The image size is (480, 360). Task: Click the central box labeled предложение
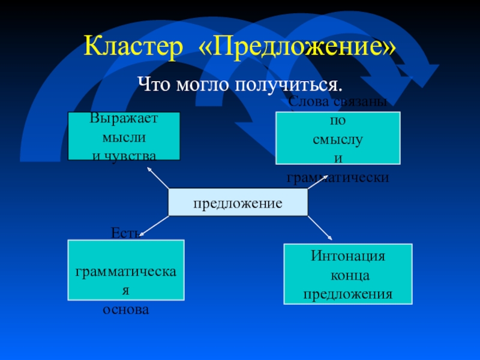238,203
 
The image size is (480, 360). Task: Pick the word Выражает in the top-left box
124,118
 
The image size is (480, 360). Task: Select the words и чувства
124,156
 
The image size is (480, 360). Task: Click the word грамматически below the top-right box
338,178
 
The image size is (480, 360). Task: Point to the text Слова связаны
337,103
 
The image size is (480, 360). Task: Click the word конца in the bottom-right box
347,276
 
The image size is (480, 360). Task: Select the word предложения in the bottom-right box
347,295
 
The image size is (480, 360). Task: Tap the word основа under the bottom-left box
125,310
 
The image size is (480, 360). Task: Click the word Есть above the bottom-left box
125,233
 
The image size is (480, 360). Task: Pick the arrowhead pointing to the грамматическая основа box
142,235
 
